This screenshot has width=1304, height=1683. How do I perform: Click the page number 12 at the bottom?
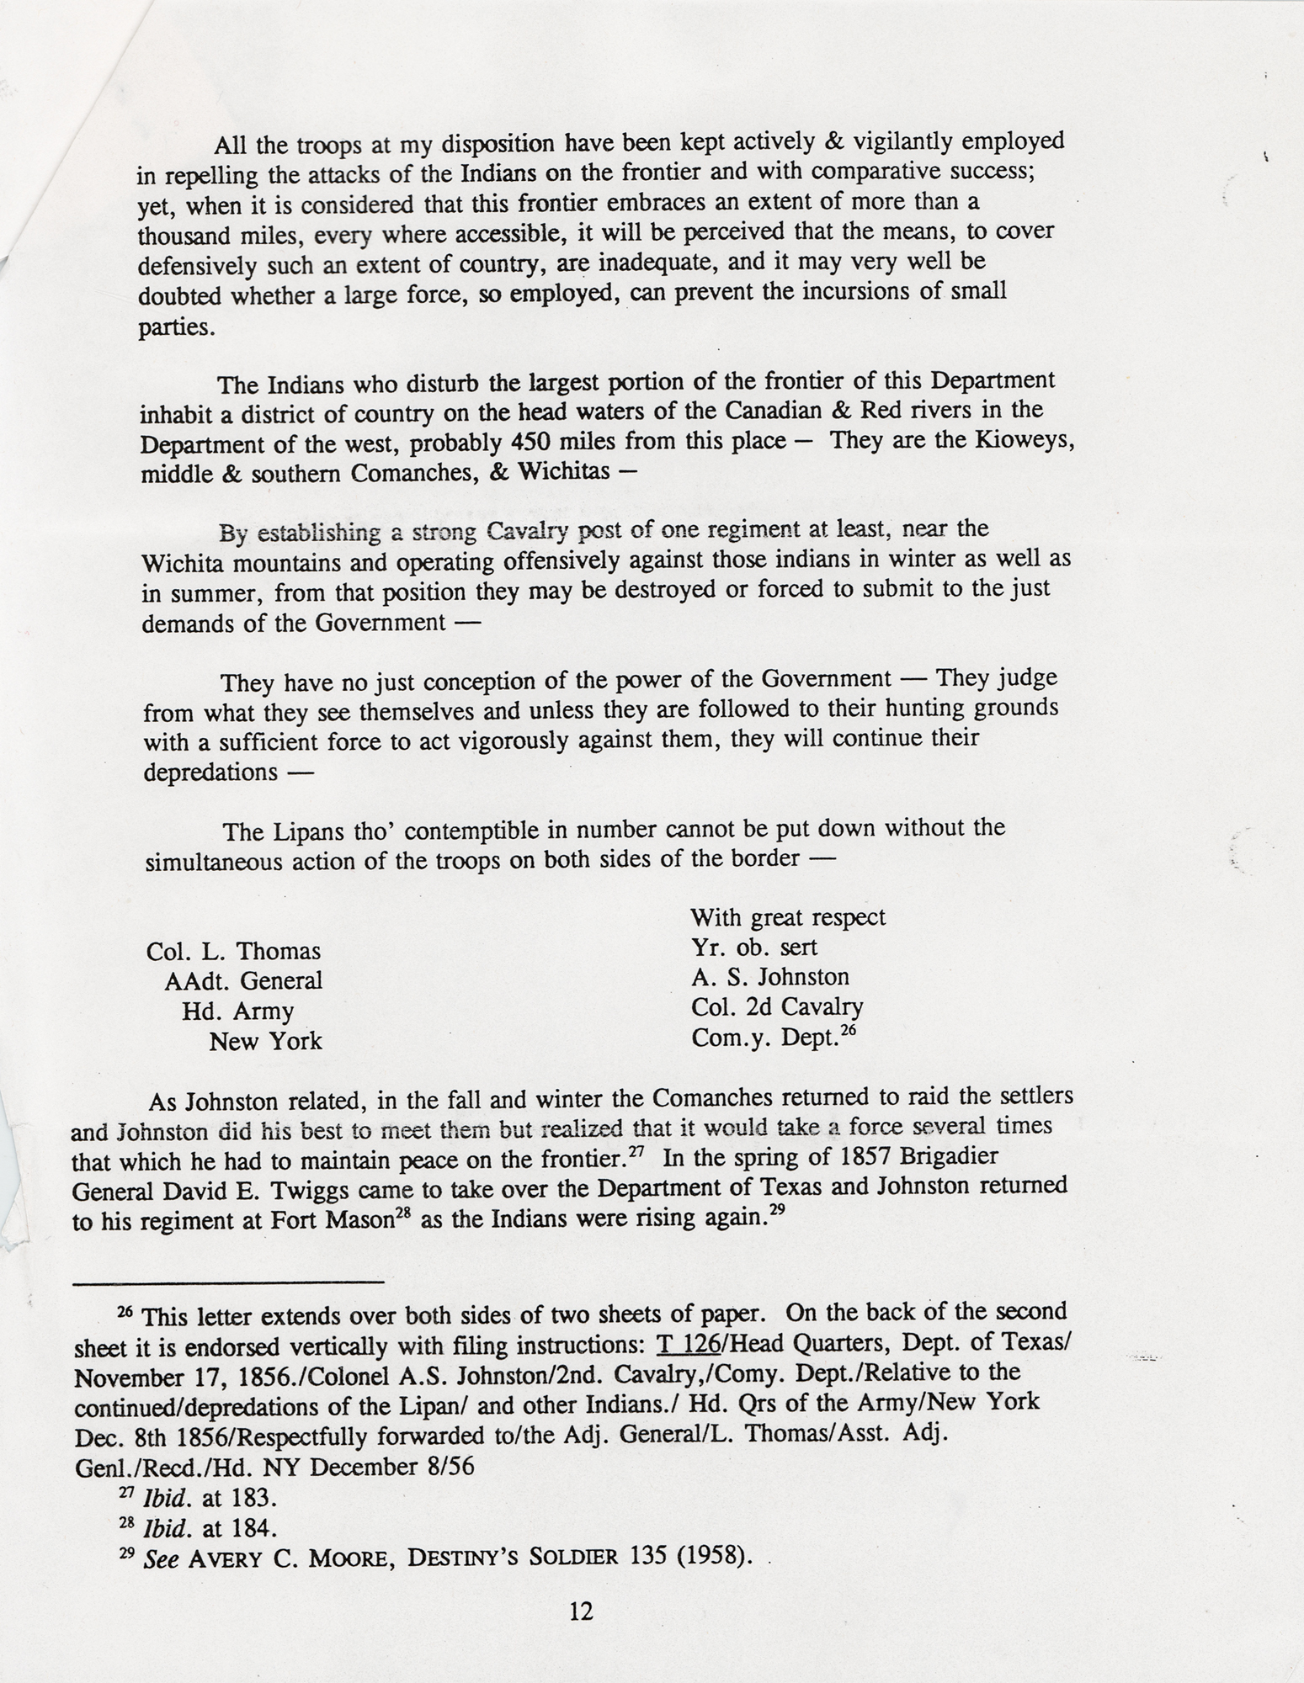point(581,1611)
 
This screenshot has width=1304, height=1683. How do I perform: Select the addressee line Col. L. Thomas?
point(233,951)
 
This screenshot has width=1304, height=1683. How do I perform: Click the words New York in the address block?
point(265,1042)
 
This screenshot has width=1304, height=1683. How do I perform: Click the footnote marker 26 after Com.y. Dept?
point(847,1028)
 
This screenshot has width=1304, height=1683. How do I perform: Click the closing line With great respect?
point(788,916)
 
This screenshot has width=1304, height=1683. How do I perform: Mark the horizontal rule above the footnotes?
point(228,1282)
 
